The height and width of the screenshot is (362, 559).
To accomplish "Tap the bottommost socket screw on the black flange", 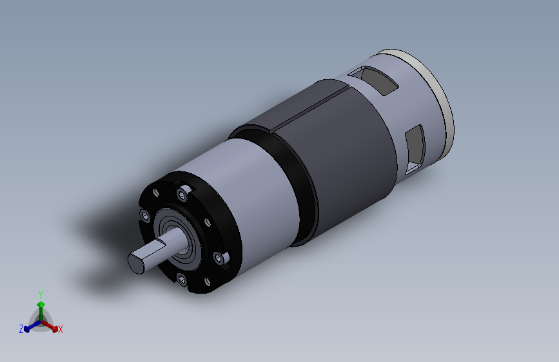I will (x=181, y=280).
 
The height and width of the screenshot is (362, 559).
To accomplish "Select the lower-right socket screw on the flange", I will (x=222, y=258).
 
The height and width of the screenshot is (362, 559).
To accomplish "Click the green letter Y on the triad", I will (x=40, y=293).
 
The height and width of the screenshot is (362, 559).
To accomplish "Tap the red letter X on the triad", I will (x=61, y=330).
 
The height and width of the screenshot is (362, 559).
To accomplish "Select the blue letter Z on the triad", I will (x=21, y=329).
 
